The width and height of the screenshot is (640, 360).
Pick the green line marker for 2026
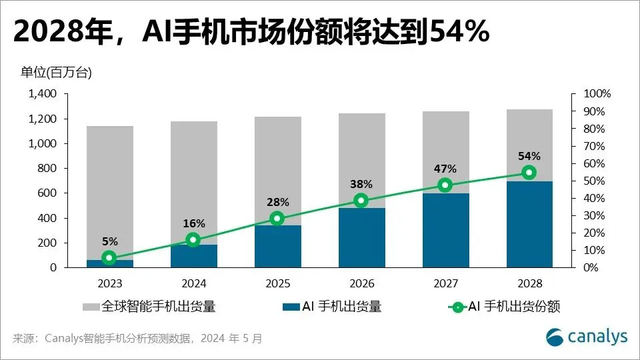(361, 200)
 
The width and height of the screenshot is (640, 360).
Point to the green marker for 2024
(193, 239)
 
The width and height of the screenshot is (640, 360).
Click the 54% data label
(529, 156)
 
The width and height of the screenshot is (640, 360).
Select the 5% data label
(109, 241)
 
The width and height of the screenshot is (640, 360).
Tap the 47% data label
(445, 169)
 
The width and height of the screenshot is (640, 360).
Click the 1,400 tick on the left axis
(42, 94)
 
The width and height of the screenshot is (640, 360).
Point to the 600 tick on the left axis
(49, 193)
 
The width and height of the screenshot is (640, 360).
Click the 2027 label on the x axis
(445, 283)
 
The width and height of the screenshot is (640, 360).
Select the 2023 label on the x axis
(109, 283)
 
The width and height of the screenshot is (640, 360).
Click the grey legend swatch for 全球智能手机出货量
(91, 307)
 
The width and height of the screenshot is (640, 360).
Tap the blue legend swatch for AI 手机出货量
(291, 307)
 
